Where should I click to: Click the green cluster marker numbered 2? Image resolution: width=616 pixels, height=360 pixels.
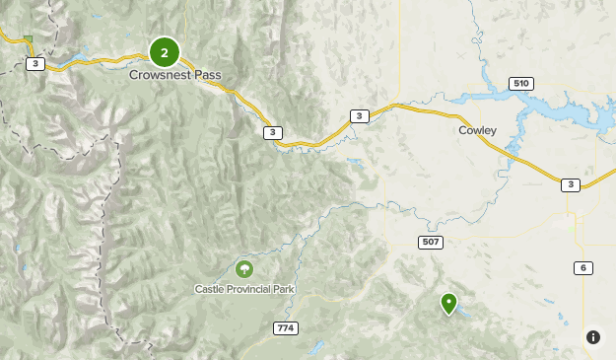click(165, 52)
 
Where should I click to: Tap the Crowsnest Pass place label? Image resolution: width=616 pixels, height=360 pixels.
click(174, 74)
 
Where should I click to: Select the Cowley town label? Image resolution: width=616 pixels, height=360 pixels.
click(477, 129)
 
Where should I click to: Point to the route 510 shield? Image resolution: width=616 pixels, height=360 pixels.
click(521, 83)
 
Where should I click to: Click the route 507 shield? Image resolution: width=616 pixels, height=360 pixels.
click(431, 242)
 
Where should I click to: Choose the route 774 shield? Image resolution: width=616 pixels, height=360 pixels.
click(286, 327)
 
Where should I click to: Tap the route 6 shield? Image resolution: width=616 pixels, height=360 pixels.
click(583, 268)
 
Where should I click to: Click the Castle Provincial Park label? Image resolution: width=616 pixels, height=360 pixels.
click(244, 289)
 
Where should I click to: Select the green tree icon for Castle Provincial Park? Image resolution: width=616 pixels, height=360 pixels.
click(244, 268)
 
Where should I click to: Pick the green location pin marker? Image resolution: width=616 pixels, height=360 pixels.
click(449, 303)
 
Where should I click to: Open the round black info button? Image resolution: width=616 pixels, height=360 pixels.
click(593, 337)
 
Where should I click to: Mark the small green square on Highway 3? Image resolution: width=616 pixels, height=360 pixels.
click(29, 40)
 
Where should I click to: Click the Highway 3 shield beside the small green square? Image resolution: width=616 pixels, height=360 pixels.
click(35, 64)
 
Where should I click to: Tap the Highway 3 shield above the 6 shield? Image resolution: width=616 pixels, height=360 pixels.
click(570, 184)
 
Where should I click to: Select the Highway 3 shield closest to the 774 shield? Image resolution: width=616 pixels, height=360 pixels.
click(272, 132)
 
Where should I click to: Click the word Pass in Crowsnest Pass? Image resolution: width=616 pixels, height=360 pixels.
click(207, 74)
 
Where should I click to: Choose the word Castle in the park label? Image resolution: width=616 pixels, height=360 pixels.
click(209, 289)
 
